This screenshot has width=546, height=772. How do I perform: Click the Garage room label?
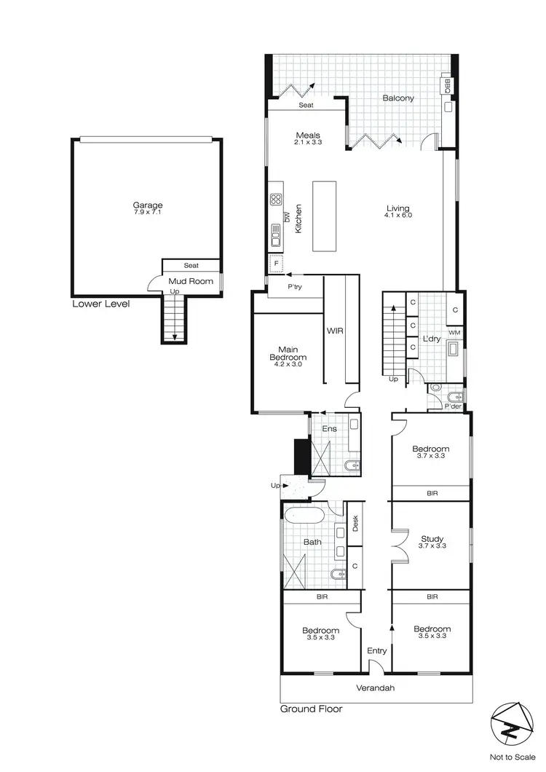(x=148, y=205)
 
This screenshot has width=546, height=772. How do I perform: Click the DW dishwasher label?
(x=287, y=217)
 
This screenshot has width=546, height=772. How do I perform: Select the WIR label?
(x=335, y=331)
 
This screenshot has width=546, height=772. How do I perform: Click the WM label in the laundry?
(x=454, y=333)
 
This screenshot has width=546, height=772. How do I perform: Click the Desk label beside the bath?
(x=355, y=522)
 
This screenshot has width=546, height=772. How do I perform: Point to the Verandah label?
(x=376, y=688)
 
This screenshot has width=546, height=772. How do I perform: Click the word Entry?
(x=376, y=650)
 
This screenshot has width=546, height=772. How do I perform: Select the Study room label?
(x=432, y=540)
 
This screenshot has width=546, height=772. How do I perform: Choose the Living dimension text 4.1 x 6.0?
(x=399, y=216)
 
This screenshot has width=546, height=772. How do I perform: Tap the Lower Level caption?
(x=100, y=304)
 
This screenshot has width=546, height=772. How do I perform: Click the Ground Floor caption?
(x=311, y=708)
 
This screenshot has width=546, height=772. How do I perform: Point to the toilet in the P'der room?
(x=436, y=388)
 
